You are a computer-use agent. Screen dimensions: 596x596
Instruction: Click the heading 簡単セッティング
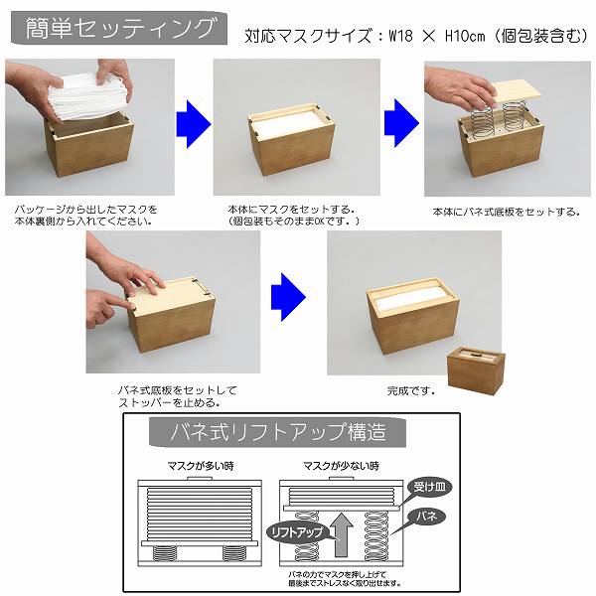tap(120, 28)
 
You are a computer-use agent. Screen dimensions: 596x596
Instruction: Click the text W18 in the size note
tap(400, 36)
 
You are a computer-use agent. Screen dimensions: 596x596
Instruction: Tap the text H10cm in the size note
tap(465, 36)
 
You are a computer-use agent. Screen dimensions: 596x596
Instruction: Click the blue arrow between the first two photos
tap(194, 124)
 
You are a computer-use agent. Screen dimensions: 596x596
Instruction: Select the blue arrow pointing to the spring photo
tap(401, 123)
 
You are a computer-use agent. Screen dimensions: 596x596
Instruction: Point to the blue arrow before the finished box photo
tap(288, 297)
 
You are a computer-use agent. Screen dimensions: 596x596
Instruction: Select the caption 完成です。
tap(410, 390)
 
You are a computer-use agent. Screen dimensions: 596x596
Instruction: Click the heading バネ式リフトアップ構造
tap(278, 432)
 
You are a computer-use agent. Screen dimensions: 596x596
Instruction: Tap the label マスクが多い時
tap(201, 466)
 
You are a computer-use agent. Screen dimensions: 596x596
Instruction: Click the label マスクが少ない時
tap(341, 466)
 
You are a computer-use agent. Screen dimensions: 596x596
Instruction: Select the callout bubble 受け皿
tap(429, 487)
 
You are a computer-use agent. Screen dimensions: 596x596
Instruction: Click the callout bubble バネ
tap(426, 517)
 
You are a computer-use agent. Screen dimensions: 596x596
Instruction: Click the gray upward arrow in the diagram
tap(342, 535)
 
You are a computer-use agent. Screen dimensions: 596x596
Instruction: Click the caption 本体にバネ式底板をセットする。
tap(506, 212)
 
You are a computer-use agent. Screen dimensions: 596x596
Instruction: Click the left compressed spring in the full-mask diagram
tap(164, 553)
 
